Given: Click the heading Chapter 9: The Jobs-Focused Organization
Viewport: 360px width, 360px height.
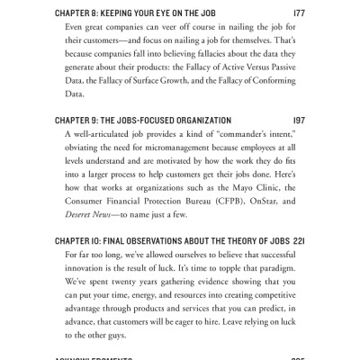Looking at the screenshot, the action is click(130, 120).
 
